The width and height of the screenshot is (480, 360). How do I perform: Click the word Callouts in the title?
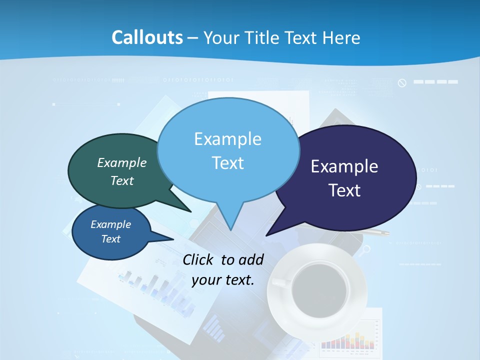coord(147,38)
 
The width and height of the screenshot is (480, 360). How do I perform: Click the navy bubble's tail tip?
coord(267,235)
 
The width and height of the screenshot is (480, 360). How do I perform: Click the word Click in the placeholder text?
coord(199,259)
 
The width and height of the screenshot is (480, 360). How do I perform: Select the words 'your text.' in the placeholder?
coord(223,279)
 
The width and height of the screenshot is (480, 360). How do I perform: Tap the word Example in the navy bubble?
coord(344,166)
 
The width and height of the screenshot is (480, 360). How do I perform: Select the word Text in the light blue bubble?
coord(228,163)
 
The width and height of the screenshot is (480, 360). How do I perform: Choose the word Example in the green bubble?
coord(122,162)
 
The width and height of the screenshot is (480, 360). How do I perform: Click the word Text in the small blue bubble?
coord(111,239)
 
